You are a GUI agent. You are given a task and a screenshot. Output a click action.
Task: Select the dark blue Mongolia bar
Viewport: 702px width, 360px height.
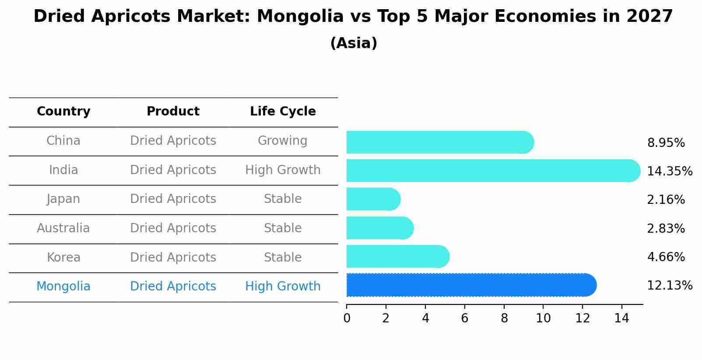pyautogui.click(x=470, y=285)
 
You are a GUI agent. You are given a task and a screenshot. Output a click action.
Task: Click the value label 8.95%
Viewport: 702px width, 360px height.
pyautogui.click(x=666, y=143)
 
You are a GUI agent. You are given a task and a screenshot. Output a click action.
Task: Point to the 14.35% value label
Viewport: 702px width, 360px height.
pyautogui.click(x=669, y=171)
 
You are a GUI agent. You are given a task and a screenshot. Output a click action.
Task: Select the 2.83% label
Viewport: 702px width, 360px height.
pyautogui.click(x=666, y=228)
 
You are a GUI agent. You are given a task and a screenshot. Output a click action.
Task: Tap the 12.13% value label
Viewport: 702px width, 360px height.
pyautogui.click(x=669, y=286)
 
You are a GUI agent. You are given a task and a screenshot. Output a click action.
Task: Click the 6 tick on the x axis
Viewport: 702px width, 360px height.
pyautogui.click(x=465, y=318)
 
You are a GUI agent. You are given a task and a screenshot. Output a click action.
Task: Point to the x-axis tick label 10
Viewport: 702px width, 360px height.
pyautogui.click(x=543, y=318)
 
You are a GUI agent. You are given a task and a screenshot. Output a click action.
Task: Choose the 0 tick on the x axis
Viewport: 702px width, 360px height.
pyautogui.click(x=347, y=318)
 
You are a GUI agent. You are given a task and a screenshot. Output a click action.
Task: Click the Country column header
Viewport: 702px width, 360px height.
pyautogui.click(x=63, y=112)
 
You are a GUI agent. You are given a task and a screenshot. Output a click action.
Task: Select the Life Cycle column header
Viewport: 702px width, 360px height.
pyautogui.click(x=283, y=112)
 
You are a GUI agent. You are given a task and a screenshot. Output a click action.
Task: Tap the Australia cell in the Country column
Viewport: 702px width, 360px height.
pyautogui.click(x=63, y=228)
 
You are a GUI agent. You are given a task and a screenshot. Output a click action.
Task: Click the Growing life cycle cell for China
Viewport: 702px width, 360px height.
pyautogui.click(x=282, y=141)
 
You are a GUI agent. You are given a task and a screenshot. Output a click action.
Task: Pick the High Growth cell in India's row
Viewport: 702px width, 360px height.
pyautogui.click(x=283, y=170)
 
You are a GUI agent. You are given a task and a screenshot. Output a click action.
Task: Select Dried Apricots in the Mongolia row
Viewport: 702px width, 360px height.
pyautogui.click(x=173, y=287)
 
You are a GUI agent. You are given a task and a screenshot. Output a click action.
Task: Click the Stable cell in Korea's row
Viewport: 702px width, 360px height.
pyautogui.click(x=283, y=258)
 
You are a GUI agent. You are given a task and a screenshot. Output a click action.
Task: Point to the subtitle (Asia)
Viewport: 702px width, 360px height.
pyautogui.click(x=354, y=43)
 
